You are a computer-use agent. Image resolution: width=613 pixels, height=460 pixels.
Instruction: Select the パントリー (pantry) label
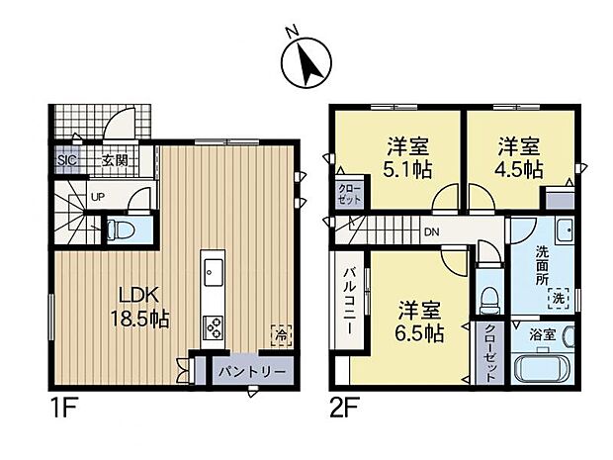[x=253, y=372]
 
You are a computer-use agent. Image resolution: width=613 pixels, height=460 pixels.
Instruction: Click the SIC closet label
[x=67, y=160]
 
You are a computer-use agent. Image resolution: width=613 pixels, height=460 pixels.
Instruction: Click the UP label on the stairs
[x=97, y=197]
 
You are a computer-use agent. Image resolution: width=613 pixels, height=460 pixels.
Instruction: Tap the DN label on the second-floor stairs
[x=431, y=231]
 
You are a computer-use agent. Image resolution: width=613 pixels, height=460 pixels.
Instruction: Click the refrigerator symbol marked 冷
[x=279, y=333]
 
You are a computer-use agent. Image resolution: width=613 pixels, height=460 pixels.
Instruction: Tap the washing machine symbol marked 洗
[x=559, y=297]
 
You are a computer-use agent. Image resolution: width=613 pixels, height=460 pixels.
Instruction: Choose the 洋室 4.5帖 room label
[x=519, y=158]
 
